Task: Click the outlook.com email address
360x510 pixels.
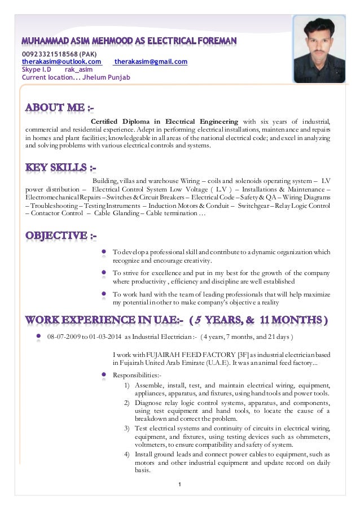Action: coord(62,62)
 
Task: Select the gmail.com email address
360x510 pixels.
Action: coord(151,62)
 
